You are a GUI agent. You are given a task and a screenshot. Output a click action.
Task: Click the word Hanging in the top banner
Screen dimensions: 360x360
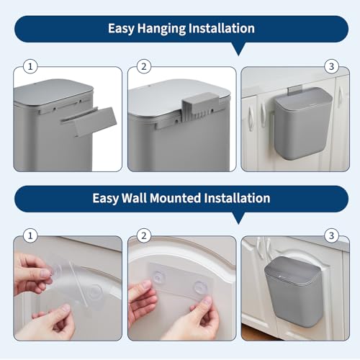click(x=162, y=29)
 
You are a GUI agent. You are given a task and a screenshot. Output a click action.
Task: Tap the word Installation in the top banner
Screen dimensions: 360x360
click(x=222, y=28)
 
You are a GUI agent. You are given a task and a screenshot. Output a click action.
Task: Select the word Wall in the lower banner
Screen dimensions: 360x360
click(x=134, y=198)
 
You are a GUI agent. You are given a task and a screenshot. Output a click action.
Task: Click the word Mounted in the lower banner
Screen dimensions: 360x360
click(x=175, y=198)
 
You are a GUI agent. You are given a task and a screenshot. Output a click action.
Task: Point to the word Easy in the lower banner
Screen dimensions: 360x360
click(x=106, y=199)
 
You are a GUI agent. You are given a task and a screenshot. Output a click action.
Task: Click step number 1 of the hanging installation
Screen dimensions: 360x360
click(x=30, y=66)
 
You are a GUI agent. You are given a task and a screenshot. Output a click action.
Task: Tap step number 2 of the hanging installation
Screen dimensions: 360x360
click(x=144, y=66)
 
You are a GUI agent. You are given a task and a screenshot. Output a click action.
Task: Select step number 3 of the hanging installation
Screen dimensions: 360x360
click(x=331, y=66)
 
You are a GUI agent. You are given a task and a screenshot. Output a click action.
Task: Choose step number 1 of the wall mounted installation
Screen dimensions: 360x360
click(x=30, y=235)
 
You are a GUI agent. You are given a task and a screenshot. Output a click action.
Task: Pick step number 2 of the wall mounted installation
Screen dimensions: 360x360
click(x=144, y=235)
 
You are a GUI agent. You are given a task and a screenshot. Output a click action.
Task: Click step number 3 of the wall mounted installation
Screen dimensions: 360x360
click(x=331, y=235)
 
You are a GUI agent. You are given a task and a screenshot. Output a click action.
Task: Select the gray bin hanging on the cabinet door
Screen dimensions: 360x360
click(x=303, y=124)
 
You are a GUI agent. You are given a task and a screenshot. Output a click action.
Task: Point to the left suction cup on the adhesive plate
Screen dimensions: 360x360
click(x=158, y=277)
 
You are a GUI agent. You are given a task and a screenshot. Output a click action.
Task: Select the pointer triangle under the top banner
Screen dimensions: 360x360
click(x=238, y=49)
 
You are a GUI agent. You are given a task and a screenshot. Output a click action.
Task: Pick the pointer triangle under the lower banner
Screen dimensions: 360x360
click(x=238, y=218)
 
